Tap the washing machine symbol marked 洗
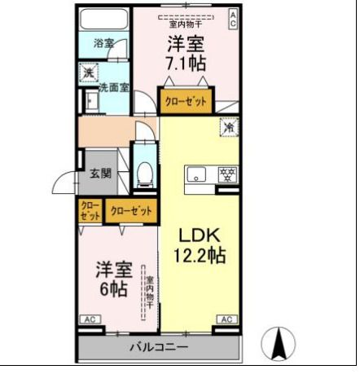(x=88, y=73)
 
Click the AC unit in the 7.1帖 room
(x=232, y=16)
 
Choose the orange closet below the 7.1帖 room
(x=186, y=102)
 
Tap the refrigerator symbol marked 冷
(x=230, y=127)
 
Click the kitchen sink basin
(x=198, y=174)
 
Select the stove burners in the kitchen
(x=228, y=174)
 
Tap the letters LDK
(x=198, y=234)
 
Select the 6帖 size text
(x=112, y=288)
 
